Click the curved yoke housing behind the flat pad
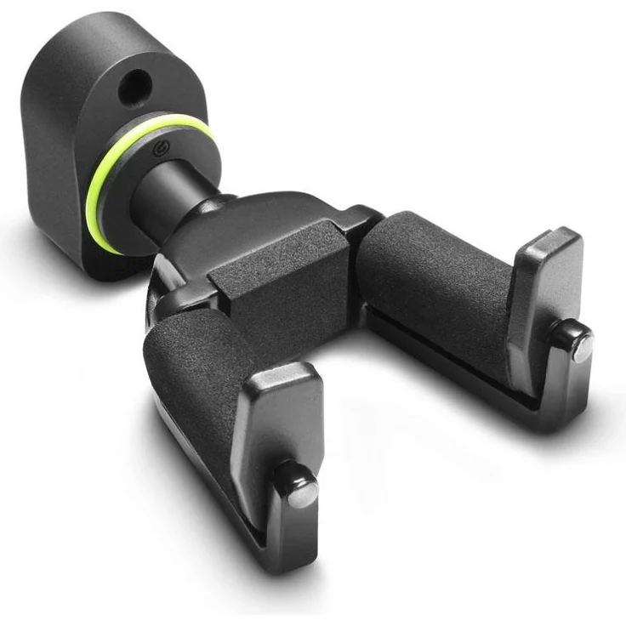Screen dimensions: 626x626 pos(255,221)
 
